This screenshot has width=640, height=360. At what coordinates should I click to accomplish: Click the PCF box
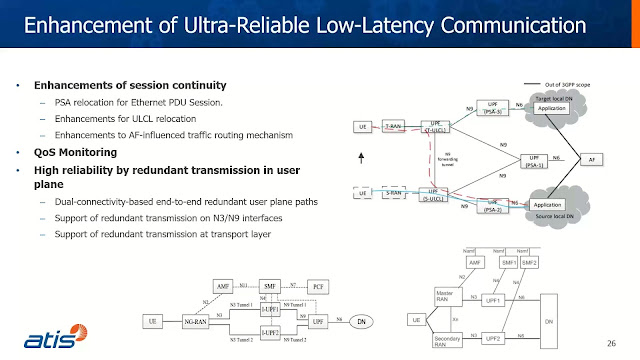(319, 286)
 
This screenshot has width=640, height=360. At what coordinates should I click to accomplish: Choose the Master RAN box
(449, 297)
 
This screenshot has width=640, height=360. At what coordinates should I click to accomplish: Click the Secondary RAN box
(449, 341)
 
